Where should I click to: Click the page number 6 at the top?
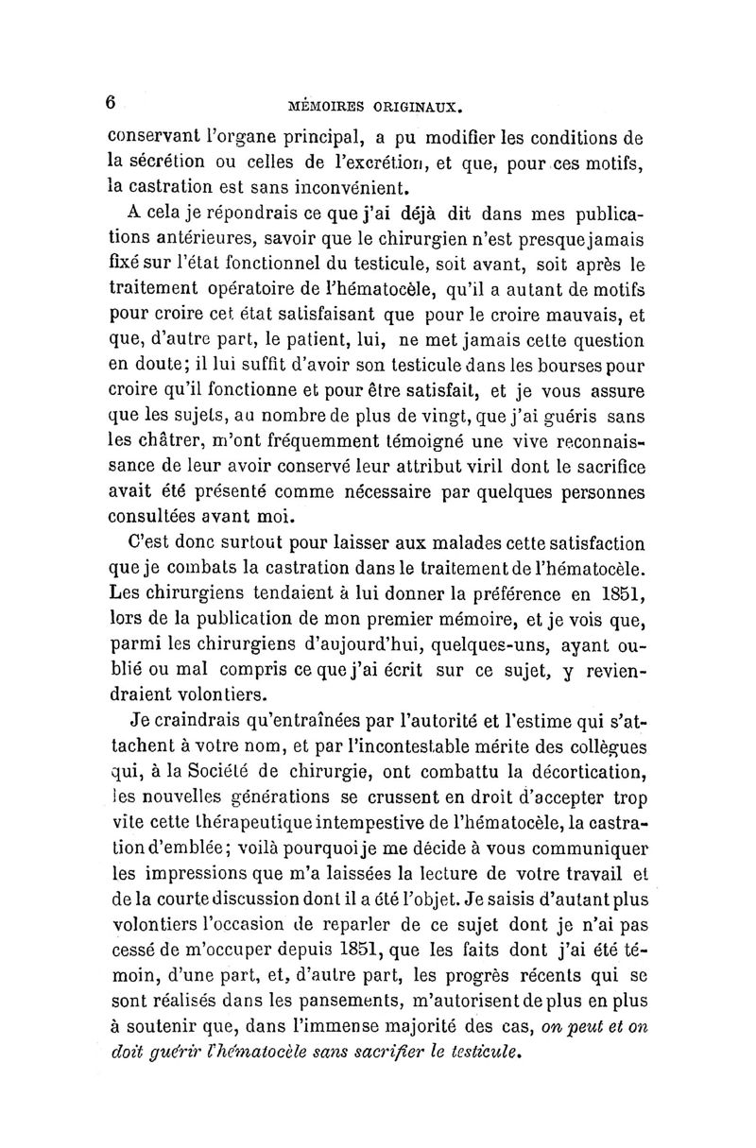click(111, 103)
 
